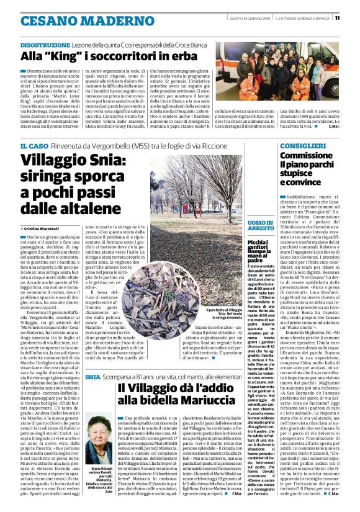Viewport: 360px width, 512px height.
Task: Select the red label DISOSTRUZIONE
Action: click(x=41, y=46)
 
